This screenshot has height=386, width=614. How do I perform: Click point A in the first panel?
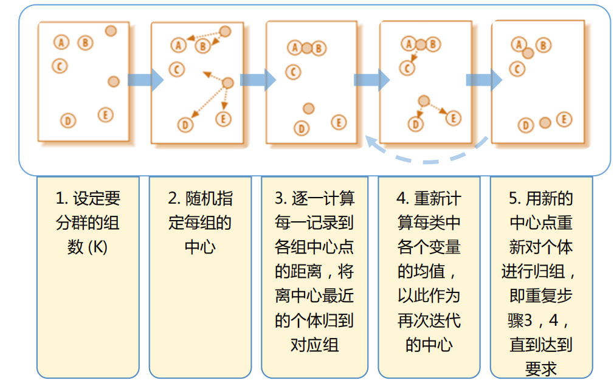(x=61, y=42)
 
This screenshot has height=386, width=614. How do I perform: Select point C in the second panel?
(x=176, y=70)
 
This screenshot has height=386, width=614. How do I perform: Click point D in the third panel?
(x=301, y=128)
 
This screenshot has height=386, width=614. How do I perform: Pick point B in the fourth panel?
(x=432, y=44)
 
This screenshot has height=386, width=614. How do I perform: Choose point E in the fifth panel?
(x=564, y=120)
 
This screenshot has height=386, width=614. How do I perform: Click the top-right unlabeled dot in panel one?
(x=111, y=30)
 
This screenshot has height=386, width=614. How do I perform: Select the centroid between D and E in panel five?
(x=545, y=123)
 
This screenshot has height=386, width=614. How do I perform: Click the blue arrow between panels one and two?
(x=146, y=80)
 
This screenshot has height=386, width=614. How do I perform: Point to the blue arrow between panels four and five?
(x=484, y=80)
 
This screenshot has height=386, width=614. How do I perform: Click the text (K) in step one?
(x=97, y=247)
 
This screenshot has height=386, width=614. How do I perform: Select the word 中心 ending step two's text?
(x=199, y=247)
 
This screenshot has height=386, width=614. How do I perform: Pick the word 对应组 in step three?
(x=314, y=345)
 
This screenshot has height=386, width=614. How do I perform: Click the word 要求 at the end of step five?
(x=541, y=369)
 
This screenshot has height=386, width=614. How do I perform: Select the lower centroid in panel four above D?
(x=424, y=101)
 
